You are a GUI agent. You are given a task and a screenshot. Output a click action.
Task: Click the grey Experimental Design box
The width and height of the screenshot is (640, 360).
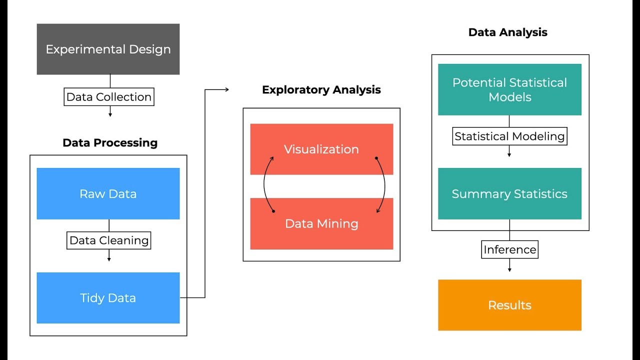108,49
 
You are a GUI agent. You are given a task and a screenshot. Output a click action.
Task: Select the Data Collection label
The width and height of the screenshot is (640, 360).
109,97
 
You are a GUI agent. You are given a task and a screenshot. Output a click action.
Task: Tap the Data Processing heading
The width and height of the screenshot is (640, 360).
110,143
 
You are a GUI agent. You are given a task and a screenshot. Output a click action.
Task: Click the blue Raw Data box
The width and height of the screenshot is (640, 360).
108,194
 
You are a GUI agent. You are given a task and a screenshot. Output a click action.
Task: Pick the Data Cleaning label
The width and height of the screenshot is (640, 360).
109,240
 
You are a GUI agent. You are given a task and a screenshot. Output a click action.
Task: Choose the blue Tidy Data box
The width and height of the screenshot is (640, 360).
108,298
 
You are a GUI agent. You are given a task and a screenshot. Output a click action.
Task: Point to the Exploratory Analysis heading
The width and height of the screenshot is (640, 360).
321,90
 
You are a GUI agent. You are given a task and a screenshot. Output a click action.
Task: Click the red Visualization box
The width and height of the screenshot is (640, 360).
321,149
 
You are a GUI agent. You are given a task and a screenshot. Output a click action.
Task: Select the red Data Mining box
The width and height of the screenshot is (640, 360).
321,223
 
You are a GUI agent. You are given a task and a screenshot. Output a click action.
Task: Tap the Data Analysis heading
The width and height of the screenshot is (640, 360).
507,32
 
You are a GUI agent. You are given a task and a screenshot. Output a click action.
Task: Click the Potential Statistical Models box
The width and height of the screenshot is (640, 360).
509,89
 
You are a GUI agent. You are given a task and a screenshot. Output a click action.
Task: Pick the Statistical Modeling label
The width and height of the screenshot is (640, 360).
509,136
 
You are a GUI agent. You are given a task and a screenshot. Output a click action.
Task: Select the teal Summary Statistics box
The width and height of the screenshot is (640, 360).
509,194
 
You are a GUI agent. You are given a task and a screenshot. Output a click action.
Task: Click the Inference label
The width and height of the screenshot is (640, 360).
509,249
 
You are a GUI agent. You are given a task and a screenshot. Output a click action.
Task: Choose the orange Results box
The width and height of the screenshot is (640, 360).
509,305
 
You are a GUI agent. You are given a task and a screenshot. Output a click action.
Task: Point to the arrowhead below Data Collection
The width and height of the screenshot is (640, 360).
110,114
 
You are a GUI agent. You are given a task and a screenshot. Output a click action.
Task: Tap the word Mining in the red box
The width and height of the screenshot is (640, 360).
340,223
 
